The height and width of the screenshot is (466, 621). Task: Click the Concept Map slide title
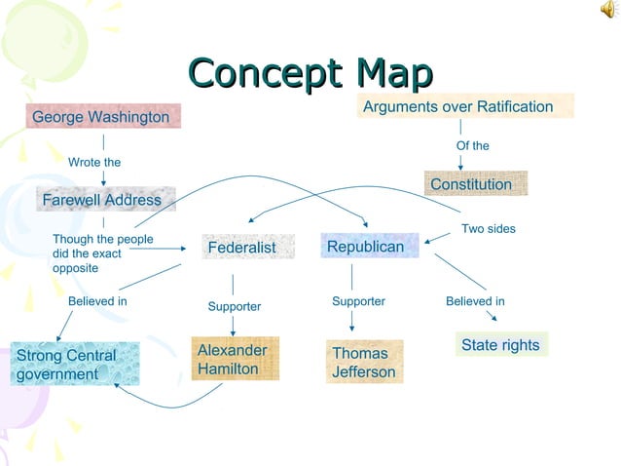pos(310,75)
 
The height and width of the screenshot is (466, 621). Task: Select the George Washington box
pos(101,118)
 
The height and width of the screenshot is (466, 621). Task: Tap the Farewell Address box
pos(102,200)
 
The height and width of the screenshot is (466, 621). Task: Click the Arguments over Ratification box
pos(458,106)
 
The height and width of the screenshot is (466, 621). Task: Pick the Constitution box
pos(471,184)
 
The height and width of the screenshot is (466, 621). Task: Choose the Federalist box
pos(241,248)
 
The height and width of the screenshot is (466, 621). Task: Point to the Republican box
pos(366,247)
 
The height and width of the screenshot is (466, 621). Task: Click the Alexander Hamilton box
pos(233,359)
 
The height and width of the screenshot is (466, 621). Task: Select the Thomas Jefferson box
pos(364,362)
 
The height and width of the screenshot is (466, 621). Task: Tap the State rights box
pos(500,345)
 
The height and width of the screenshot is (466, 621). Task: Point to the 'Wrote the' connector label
pos(94,162)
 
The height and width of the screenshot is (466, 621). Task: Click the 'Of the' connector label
pos(473,145)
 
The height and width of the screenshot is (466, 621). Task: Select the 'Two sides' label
pos(489,228)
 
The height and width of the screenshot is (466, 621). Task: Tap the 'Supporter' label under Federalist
pos(235,306)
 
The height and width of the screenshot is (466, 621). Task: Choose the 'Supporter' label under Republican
pos(359,301)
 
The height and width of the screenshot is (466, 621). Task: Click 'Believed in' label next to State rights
pos(475,301)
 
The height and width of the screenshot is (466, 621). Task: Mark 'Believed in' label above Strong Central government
pos(97,301)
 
